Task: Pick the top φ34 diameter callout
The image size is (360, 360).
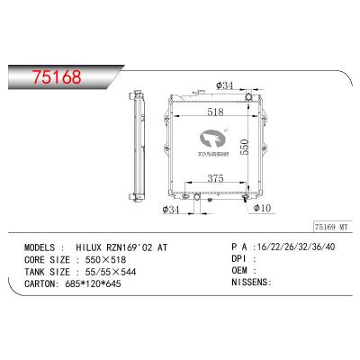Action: (225, 86)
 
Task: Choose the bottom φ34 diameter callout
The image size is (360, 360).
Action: (169, 211)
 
